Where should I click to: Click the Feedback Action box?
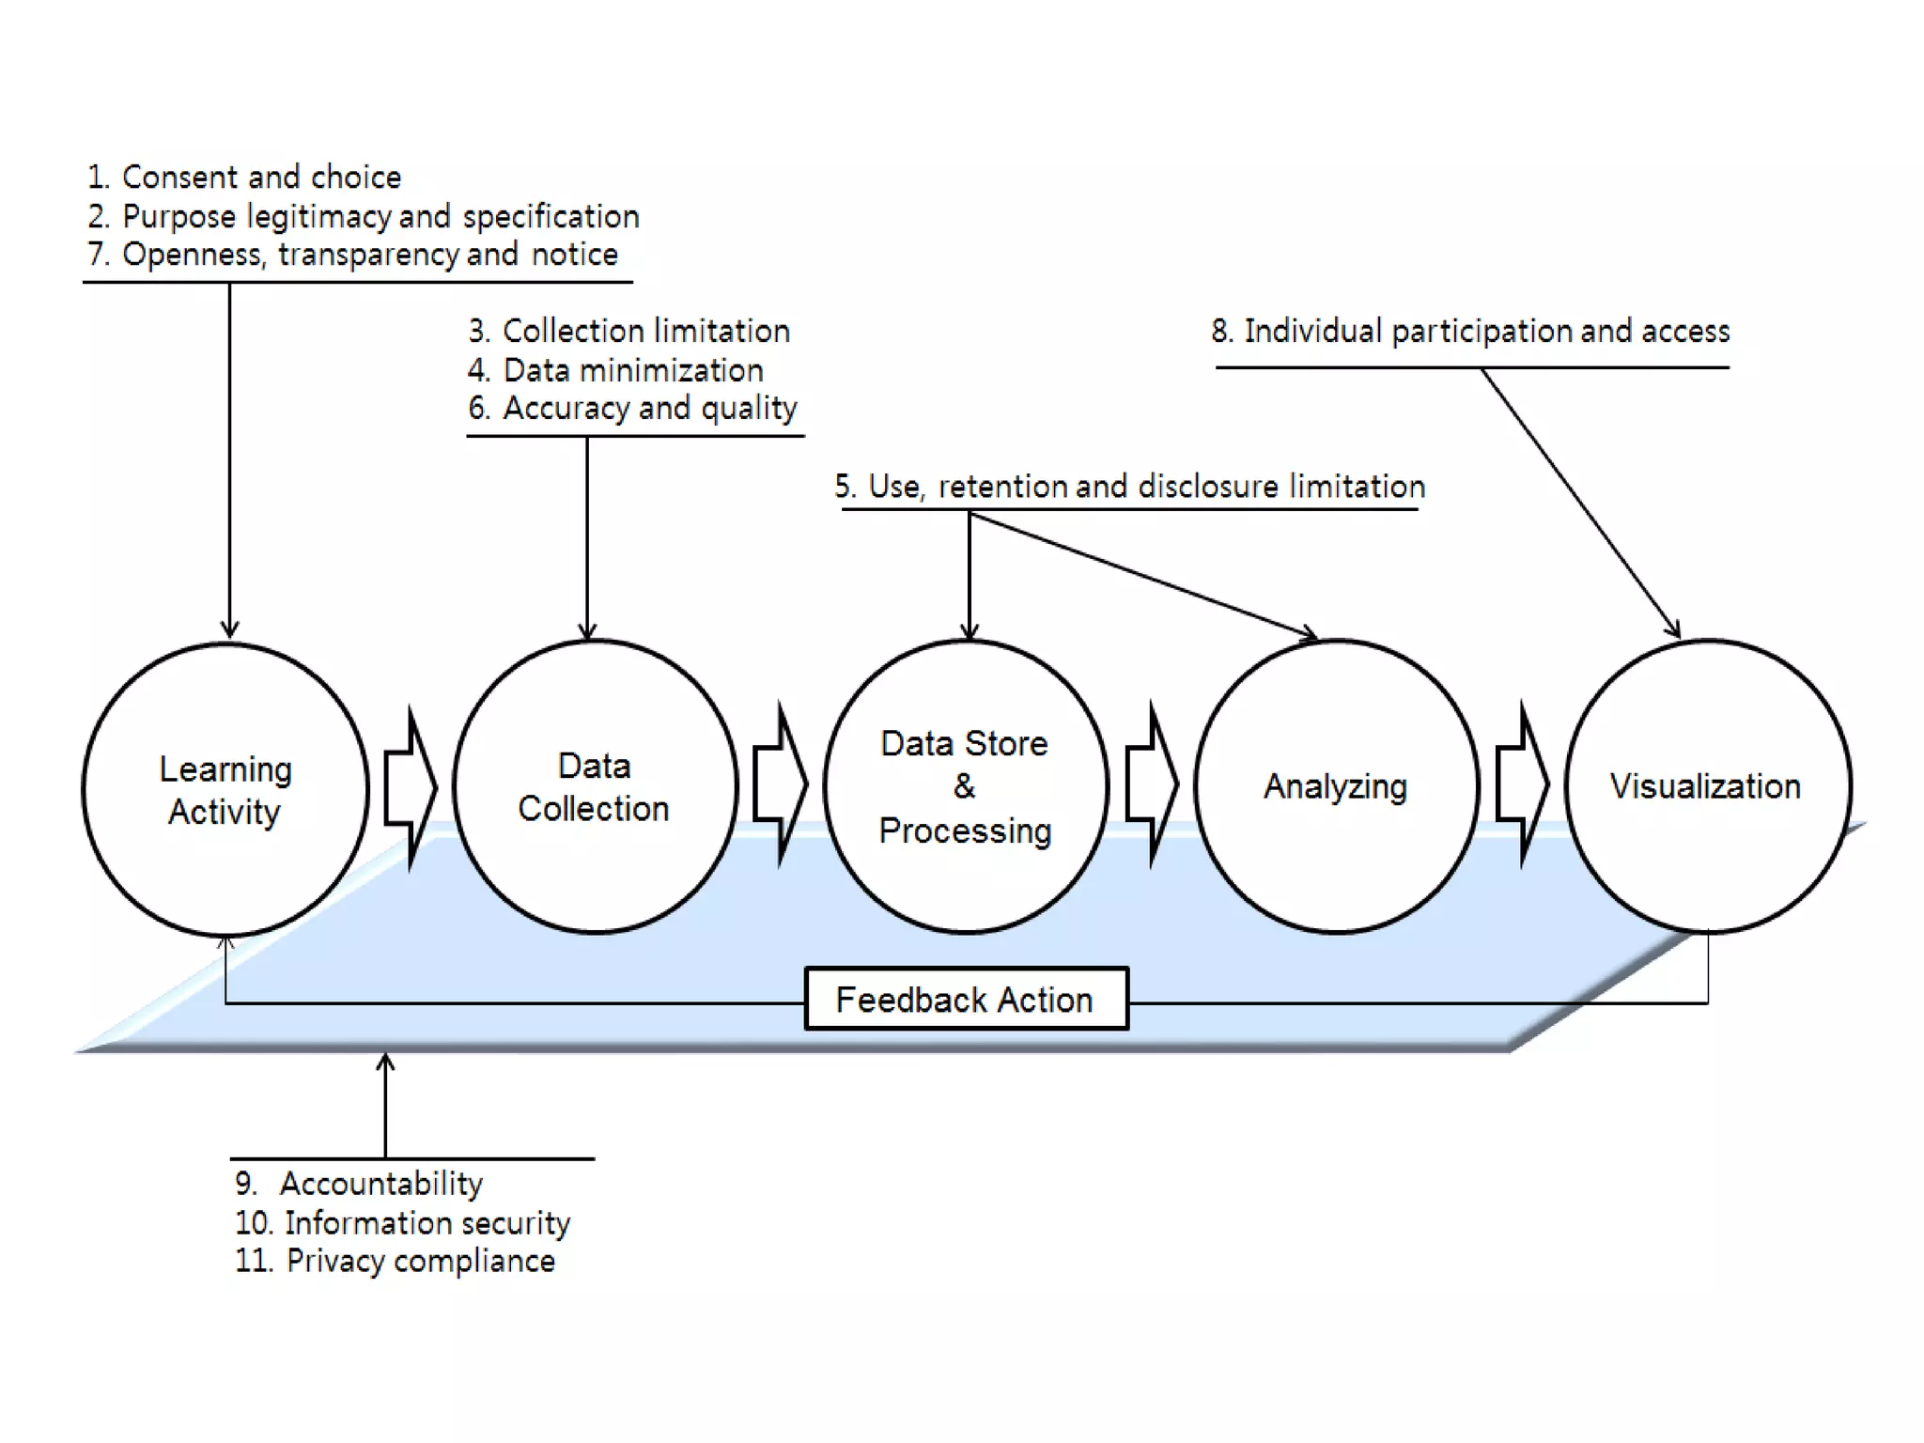[966, 999]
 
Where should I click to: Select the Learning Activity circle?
[225, 789]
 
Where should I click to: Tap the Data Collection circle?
[595, 787]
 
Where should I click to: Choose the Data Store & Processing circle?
[965, 787]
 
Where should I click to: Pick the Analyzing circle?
[1335, 787]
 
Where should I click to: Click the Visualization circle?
[1706, 787]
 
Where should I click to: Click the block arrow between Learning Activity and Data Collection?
[411, 787]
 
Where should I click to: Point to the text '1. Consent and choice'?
[244, 177]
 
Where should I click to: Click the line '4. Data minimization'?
[615, 370]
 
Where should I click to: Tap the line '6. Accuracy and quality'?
[632, 409]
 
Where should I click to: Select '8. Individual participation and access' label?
[1470, 331]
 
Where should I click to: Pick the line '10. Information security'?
[402, 1222]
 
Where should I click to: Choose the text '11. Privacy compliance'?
[395, 1261]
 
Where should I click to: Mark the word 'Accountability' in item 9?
[381, 1184]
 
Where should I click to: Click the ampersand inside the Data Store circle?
[964, 786]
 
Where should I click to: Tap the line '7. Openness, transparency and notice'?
[352, 255]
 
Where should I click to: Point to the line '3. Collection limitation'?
[628, 331]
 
